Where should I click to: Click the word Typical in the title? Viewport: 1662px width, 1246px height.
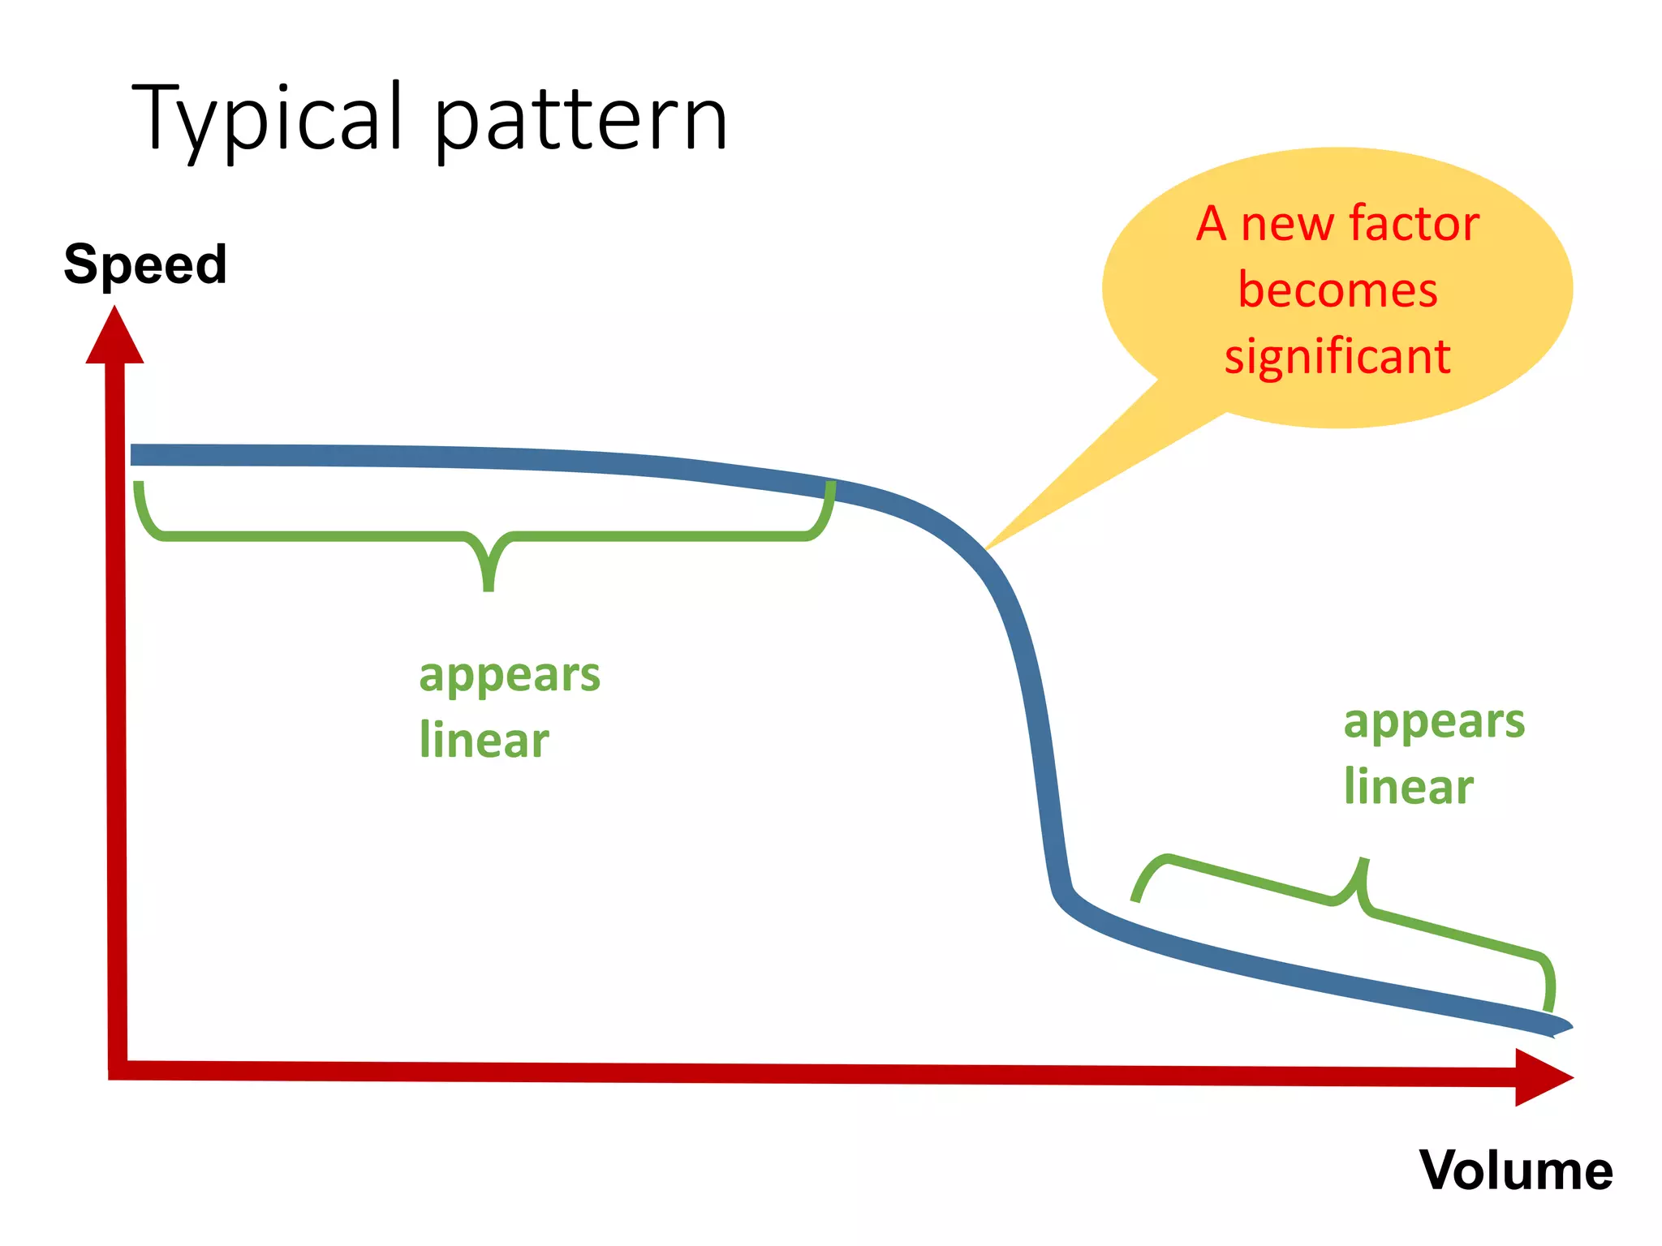click(268, 120)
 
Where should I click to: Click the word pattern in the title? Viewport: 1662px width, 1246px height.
click(581, 122)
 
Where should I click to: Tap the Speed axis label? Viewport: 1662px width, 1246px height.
click(145, 264)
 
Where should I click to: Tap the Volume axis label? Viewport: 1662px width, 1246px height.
click(1515, 1171)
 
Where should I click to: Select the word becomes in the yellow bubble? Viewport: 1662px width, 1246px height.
click(1337, 290)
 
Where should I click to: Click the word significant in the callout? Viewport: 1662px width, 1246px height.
click(1337, 356)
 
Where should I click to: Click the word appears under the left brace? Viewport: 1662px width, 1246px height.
click(509, 675)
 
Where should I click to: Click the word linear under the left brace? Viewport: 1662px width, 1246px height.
click(484, 741)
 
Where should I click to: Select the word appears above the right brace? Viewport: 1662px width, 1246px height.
click(1434, 721)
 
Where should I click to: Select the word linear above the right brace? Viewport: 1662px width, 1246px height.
click(1408, 787)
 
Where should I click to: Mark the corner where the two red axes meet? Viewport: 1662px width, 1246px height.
click(118, 1070)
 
